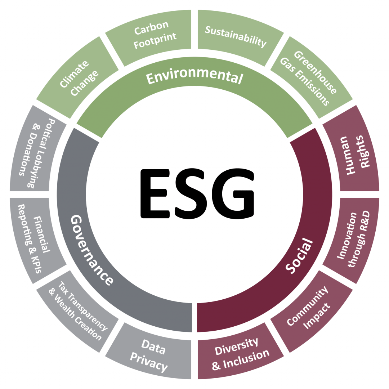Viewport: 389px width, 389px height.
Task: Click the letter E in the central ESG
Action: (x=155, y=194)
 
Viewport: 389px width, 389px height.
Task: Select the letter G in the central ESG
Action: (x=232, y=194)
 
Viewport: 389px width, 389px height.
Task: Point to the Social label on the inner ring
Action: (x=299, y=255)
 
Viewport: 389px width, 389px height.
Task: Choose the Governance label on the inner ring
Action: (x=91, y=250)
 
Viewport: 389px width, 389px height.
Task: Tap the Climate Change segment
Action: (x=77, y=77)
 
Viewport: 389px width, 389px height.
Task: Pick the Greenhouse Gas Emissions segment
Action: (x=312, y=77)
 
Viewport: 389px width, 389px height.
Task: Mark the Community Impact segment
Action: (x=312, y=312)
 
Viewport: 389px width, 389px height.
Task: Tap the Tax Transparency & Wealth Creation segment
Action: (x=77, y=312)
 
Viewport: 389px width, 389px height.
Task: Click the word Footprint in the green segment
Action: (x=155, y=40)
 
